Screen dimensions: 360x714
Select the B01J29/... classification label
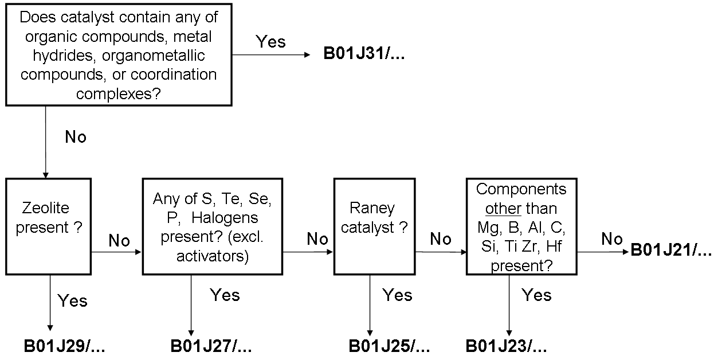[x=65, y=346]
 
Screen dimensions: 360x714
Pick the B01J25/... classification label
[x=389, y=346]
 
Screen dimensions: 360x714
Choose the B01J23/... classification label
[x=506, y=346]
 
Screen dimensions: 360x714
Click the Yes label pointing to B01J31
[x=270, y=42]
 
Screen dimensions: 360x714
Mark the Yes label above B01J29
[x=72, y=300]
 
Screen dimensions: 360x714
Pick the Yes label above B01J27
[x=225, y=295]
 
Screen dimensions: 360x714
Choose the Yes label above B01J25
[x=397, y=295]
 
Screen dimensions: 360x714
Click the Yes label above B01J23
[x=536, y=295]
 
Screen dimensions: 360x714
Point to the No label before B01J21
[x=612, y=239]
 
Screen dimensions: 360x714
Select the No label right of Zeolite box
[x=119, y=241]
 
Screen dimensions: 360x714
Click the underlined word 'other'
[x=504, y=209]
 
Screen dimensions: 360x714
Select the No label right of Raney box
[x=440, y=239]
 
